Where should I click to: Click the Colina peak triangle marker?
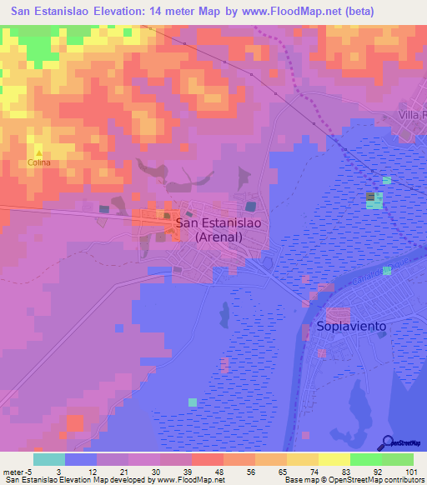[x=38, y=153]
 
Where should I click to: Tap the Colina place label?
[x=38, y=162]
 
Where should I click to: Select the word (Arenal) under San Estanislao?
[x=219, y=237]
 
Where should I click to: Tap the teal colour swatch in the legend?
[x=49, y=459]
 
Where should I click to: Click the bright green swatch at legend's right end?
[x=398, y=459]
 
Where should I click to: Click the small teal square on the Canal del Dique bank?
[x=386, y=270]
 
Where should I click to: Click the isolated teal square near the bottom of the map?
[x=193, y=402]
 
